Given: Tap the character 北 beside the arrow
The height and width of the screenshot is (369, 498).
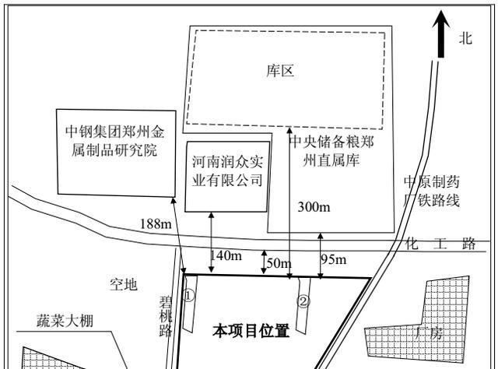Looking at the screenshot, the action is pos(466,38).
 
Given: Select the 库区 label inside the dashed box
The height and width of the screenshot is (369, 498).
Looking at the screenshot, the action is pos(280,72).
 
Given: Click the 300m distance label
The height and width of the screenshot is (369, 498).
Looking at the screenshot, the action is pos(314,206).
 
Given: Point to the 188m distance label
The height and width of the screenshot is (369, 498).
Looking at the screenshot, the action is pos(156,224).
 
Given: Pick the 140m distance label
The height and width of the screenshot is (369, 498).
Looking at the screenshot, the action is pos(226,255).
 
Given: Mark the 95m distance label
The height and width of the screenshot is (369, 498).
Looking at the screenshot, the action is pos(335,258).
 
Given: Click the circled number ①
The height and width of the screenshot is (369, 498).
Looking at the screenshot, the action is pos(188,296).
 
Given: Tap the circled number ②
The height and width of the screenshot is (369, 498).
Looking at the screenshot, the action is pos(303,300).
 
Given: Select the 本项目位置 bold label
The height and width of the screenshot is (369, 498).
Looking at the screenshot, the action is pos(251,332).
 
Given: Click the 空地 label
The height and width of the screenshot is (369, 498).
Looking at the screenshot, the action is pos(123,285).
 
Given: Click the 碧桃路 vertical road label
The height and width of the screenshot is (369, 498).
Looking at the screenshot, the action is pos(164,316).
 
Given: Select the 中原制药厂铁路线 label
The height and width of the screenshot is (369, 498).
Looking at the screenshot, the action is pos(432,192).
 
